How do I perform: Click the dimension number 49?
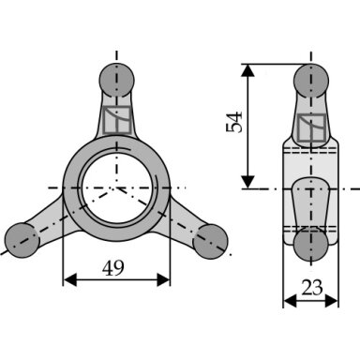tap(113, 268)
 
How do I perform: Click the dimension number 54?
tap(234, 122)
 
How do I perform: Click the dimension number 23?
tap(311, 288)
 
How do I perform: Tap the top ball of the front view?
tap(116, 80)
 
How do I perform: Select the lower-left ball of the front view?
tap(22, 240)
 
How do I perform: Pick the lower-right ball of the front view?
tap(210, 242)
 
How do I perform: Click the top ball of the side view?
tap(311, 81)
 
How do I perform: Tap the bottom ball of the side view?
tap(311, 244)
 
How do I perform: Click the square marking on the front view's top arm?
tap(117, 120)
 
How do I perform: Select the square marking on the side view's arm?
tap(311, 127)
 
